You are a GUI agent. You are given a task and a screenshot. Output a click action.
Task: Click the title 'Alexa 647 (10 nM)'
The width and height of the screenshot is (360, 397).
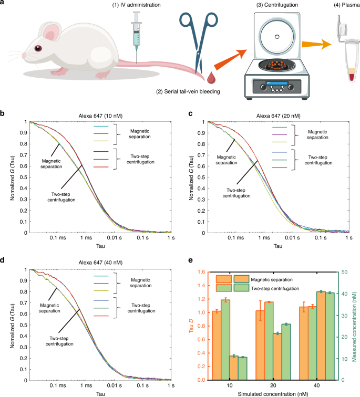pyautogui.click(x=99, y=117)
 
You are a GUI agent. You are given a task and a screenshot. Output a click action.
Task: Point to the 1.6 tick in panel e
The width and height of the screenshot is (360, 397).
pyautogui.click(x=200, y=272)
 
